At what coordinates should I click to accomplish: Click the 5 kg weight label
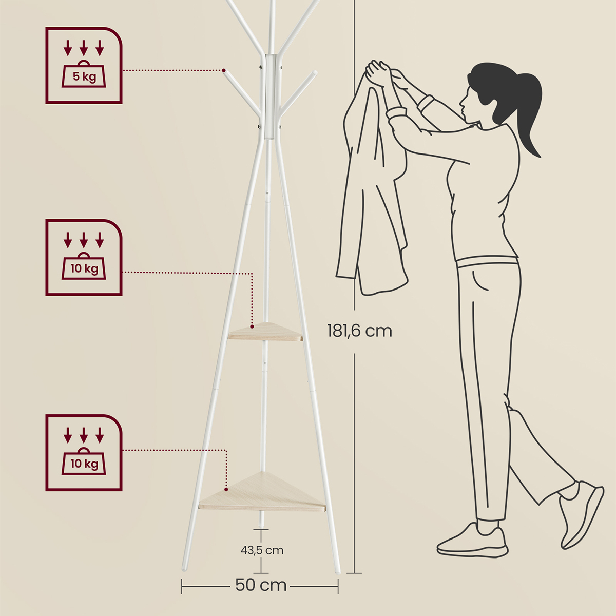click(84, 76)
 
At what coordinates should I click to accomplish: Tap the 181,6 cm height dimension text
click(359, 331)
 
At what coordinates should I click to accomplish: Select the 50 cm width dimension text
click(261, 585)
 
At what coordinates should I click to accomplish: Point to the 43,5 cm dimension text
click(262, 550)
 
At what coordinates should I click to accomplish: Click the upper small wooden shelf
click(265, 332)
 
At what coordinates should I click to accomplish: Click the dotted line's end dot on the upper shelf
click(252, 326)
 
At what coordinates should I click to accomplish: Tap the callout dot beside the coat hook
click(224, 70)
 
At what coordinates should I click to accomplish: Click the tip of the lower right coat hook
click(314, 73)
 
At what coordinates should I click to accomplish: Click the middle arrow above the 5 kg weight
click(84, 48)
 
